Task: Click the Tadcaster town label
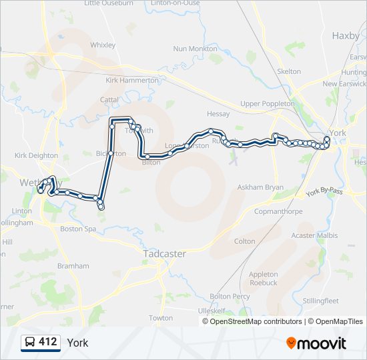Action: click(x=164, y=253)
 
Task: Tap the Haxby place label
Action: click(x=345, y=35)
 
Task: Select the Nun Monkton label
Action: click(x=195, y=49)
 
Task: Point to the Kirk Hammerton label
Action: click(x=131, y=80)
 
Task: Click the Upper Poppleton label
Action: click(x=267, y=103)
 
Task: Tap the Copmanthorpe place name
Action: click(x=278, y=211)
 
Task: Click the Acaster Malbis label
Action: click(x=314, y=235)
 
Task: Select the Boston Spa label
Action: click(x=78, y=229)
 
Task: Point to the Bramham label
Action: click(x=73, y=265)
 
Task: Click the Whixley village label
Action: click(x=102, y=45)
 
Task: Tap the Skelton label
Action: click(x=289, y=71)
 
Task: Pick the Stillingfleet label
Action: click(x=320, y=301)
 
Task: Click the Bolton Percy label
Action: click(x=230, y=296)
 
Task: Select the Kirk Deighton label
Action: click(x=37, y=155)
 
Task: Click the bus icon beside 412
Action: click(x=30, y=343)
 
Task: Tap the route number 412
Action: click(x=48, y=342)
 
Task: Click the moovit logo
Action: click(x=316, y=343)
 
